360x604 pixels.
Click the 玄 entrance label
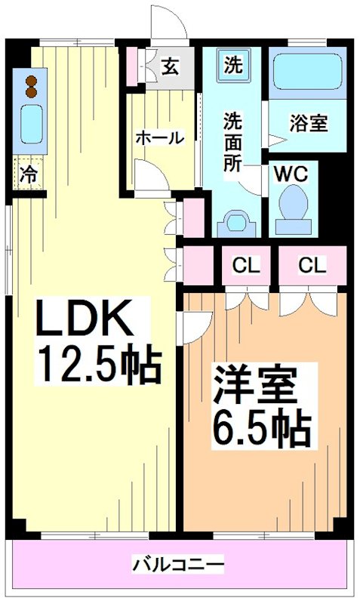point(170,66)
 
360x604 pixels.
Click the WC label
point(291,173)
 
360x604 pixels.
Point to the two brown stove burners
point(31,85)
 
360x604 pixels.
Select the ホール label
point(158,137)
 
